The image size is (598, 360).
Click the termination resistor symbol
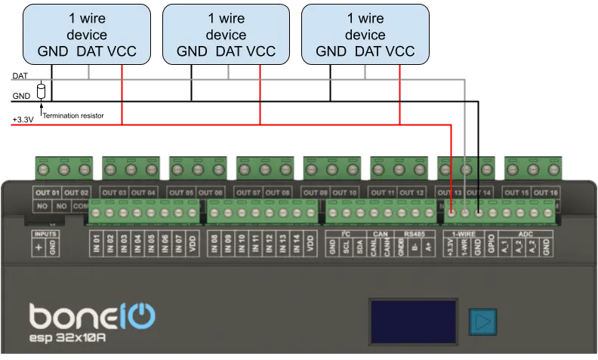(x=41, y=91)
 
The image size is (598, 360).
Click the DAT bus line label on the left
(x=20, y=76)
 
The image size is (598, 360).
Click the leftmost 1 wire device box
(x=87, y=33)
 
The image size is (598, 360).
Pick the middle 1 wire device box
(x=226, y=33)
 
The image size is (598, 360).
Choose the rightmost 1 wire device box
(x=365, y=33)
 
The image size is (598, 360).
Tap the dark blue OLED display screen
(x=412, y=322)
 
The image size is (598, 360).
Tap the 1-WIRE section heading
(x=464, y=234)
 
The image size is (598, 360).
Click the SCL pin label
(x=345, y=248)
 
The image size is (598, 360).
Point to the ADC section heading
(x=526, y=234)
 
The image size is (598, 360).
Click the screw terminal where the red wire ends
(x=451, y=214)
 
